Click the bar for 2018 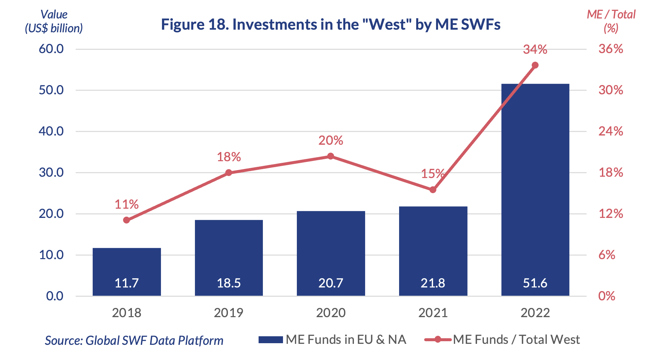[x=127, y=272]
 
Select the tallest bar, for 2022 [x=535, y=190]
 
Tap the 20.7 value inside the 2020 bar [x=331, y=283]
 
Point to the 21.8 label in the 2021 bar [x=433, y=283]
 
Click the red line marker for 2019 [x=229, y=173]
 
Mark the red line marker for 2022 [x=535, y=65]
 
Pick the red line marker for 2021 [x=433, y=190]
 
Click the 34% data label [x=535, y=50]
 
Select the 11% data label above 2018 [x=127, y=204]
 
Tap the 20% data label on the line [x=331, y=141]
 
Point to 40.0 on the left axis [x=51, y=131]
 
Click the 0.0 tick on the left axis [x=55, y=296]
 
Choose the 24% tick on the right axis [x=611, y=131]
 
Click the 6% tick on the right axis [x=607, y=255]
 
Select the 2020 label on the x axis [x=331, y=313]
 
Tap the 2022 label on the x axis [x=535, y=313]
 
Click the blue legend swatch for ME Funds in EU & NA [x=271, y=340]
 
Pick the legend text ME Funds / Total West [x=517, y=340]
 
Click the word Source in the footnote [x=64, y=341]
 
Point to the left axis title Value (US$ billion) [x=54, y=21]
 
